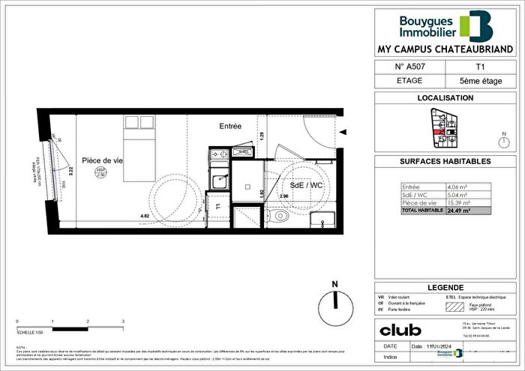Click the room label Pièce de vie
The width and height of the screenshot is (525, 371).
click(102, 160)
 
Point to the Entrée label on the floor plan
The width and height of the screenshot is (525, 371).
click(230, 127)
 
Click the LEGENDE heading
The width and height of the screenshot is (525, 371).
click(444, 287)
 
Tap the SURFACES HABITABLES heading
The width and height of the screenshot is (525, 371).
click(444, 161)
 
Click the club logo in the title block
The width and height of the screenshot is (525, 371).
click(400, 330)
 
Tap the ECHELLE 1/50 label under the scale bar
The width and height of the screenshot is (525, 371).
click(31, 331)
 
